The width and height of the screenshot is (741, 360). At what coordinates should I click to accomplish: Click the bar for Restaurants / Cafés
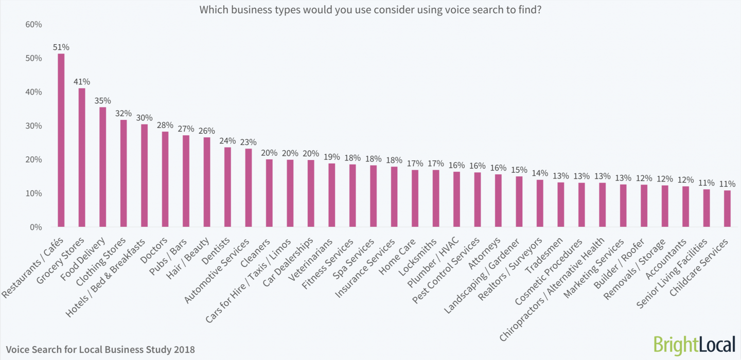coord(61,140)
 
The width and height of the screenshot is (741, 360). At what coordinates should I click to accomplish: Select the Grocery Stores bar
coord(82,157)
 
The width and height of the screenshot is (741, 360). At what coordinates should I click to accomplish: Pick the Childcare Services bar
coord(727,208)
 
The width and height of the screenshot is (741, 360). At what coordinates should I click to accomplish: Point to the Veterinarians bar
coord(331,195)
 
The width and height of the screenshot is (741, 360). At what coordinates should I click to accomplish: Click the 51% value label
coord(61,47)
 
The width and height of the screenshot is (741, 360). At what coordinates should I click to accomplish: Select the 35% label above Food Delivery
coord(103,101)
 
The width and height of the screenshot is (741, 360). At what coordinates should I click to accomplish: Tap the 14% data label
coord(540,173)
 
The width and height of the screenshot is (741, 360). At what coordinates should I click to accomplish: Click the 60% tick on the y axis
coord(33,25)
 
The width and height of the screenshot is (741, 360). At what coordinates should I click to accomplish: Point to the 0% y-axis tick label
coord(36,227)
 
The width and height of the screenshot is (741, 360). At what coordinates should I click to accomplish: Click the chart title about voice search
coord(370,9)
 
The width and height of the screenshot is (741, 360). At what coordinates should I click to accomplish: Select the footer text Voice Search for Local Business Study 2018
coord(101,350)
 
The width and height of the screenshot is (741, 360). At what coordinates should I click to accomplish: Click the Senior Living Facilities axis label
coord(672,273)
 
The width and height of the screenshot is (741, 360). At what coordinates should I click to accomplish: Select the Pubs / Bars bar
coord(186,181)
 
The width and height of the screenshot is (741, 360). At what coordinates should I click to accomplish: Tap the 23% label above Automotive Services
coord(249,142)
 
